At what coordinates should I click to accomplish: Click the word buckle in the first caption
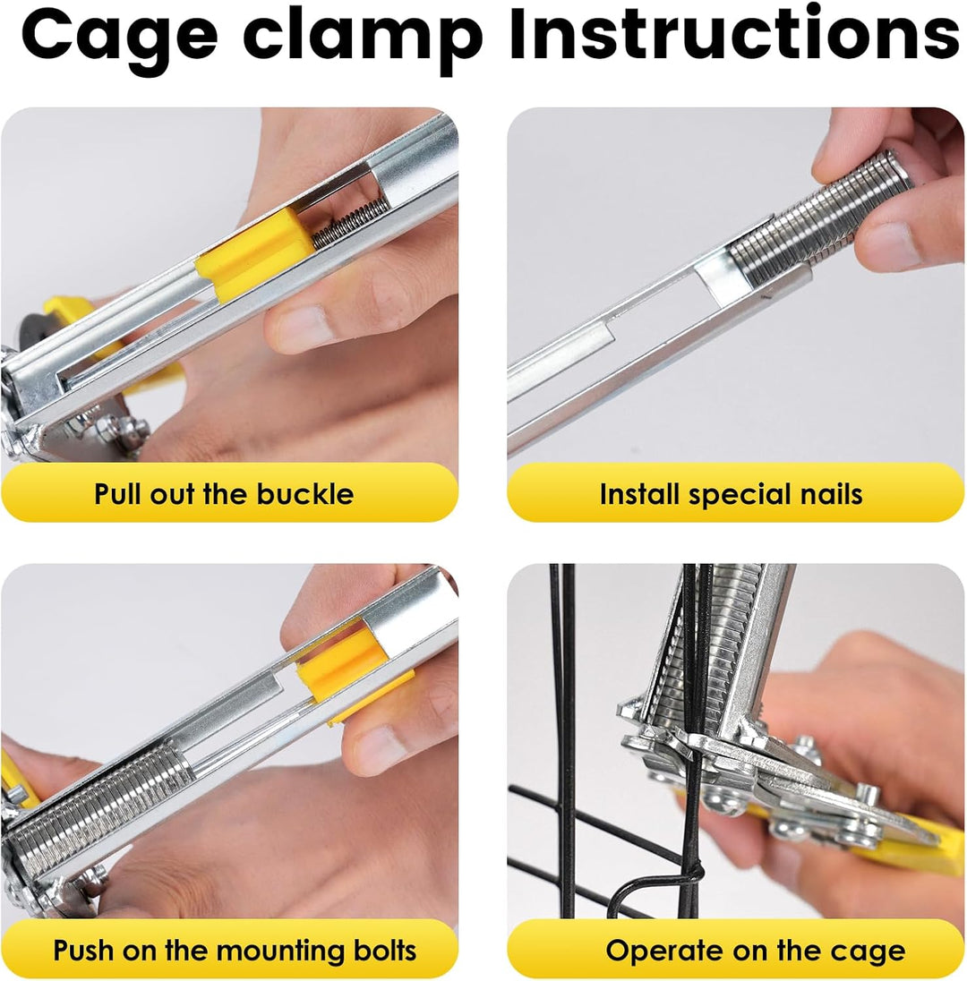(x=305, y=493)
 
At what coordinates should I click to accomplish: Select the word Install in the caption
(x=639, y=493)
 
